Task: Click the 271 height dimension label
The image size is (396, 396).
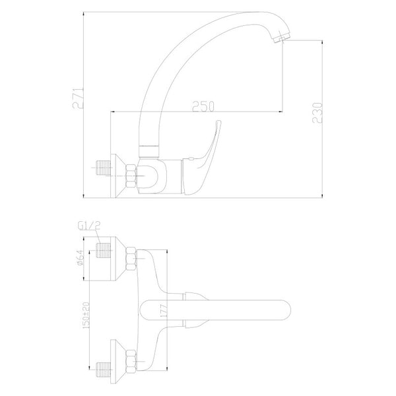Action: pyautogui.click(x=78, y=98)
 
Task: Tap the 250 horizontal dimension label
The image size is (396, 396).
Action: pyautogui.click(x=203, y=106)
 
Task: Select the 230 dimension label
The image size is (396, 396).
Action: pyautogui.click(x=317, y=113)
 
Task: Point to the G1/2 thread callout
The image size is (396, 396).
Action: pyautogui.click(x=89, y=226)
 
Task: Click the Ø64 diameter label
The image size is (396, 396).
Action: pyautogui.click(x=80, y=257)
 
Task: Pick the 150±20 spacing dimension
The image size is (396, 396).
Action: pyautogui.click(x=86, y=315)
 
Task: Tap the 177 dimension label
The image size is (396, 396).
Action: pyautogui.click(x=164, y=311)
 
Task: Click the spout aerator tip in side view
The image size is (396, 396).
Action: pyautogui.click(x=280, y=38)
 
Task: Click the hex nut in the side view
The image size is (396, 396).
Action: pyautogui.click(x=131, y=176)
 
